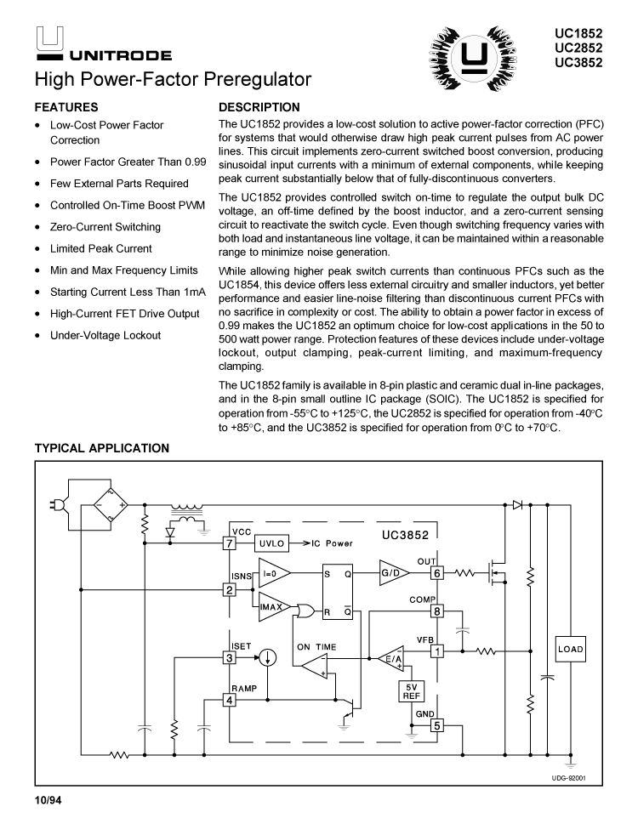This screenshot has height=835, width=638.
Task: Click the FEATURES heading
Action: (x=66, y=108)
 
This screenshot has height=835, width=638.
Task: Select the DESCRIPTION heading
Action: (x=259, y=108)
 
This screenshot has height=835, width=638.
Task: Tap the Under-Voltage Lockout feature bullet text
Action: (x=105, y=335)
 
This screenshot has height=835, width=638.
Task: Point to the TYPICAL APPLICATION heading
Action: (x=101, y=448)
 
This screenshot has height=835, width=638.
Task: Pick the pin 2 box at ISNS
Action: (x=229, y=589)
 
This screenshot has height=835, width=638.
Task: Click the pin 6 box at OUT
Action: (x=437, y=573)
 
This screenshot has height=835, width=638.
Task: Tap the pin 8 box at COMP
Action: (x=437, y=611)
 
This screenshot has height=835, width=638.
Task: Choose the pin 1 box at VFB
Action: (x=437, y=652)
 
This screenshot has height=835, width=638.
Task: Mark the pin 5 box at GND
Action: (x=437, y=725)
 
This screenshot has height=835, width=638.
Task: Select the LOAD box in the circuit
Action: (x=570, y=649)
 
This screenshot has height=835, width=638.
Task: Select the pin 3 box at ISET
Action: (x=229, y=657)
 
